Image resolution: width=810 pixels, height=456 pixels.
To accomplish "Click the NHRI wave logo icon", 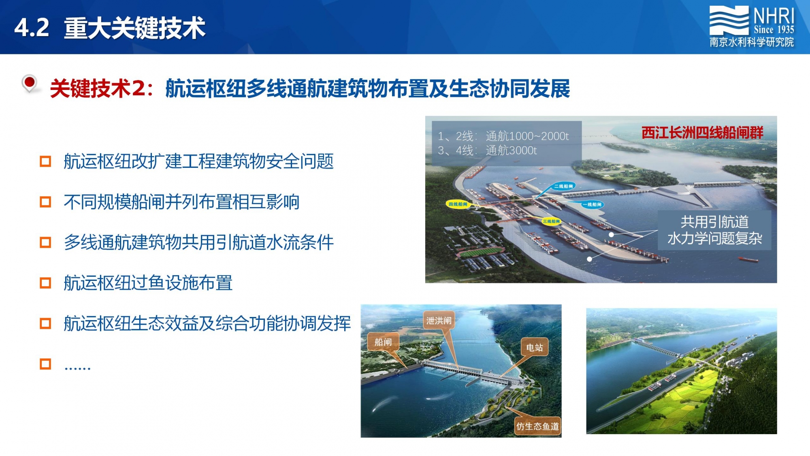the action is point(729,20).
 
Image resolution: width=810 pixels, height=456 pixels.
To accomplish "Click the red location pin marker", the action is point(29,83).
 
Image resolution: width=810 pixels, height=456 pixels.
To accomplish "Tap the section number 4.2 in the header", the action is point(32,28).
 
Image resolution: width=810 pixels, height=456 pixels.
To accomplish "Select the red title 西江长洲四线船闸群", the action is point(702,133).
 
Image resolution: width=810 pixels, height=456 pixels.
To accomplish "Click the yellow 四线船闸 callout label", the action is point(458,204).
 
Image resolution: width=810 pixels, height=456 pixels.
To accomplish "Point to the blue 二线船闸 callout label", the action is point(564,186).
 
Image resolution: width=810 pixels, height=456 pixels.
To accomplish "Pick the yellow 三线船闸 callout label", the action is point(551,221).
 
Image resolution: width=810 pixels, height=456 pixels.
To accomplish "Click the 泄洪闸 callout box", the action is point(439,321).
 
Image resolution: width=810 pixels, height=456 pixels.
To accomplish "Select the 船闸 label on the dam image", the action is point(383,342).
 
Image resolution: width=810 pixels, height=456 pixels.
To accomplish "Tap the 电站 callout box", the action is point(534,347).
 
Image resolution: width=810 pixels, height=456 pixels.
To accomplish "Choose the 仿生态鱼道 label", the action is point(537,426).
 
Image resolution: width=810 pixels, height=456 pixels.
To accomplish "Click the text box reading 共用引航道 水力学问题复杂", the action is point(714,230).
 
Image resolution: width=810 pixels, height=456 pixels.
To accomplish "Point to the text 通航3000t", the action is point(511,150).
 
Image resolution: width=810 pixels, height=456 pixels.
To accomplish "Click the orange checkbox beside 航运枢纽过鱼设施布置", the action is point(45,283).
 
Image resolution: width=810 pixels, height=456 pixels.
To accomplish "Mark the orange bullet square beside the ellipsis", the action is point(45,364).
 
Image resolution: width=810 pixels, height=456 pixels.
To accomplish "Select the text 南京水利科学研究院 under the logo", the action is point(752,42).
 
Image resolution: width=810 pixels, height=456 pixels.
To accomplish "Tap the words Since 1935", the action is point(774,29).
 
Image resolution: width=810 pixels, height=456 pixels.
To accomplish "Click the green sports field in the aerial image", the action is point(480,252).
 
